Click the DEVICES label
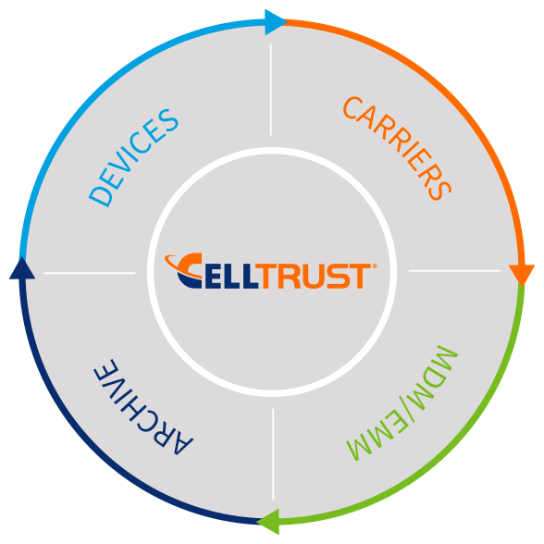point(134,158)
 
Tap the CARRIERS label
point(397,148)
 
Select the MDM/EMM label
point(402,403)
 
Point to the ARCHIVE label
point(143,407)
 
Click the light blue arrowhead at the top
point(275,22)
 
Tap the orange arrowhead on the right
point(522,275)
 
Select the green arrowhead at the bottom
point(268,522)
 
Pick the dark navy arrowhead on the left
point(22,268)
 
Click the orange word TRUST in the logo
point(315,276)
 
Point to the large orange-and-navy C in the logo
point(189,270)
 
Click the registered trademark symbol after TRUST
point(374,266)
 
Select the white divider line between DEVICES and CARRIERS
point(270,90)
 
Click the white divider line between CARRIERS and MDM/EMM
point(454,270)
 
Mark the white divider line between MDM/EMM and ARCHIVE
point(273,454)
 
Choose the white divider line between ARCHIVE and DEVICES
point(89,273)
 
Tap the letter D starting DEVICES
point(101,196)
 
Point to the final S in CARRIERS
point(439,190)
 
